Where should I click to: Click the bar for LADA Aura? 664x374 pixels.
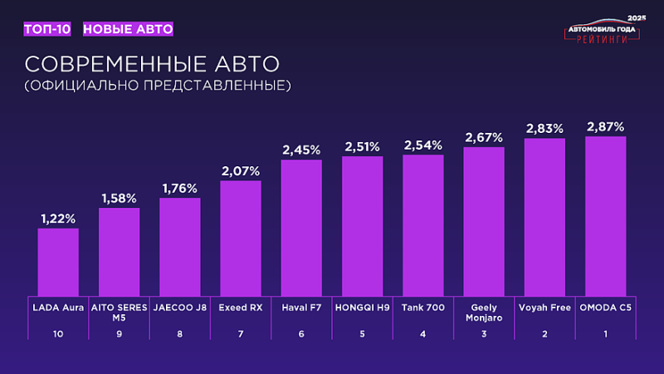click(58, 262)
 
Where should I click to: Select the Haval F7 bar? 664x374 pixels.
click(301, 227)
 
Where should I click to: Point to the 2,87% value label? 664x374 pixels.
click(605, 127)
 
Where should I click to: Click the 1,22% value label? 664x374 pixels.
click(58, 219)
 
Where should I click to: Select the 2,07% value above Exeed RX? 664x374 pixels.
click(241, 171)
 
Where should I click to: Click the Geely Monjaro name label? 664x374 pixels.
click(484, 312)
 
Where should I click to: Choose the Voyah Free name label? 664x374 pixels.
click(544, 308)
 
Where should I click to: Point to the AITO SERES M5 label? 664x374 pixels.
click(119, 312)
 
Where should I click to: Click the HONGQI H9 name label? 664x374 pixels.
click(362, 308)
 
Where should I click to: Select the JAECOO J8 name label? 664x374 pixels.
click(179, 308)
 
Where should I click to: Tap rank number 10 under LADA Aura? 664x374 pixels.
click(58, 334)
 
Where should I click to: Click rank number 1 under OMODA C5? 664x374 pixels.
click(605, 334)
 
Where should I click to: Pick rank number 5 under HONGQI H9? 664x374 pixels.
click(362, 334)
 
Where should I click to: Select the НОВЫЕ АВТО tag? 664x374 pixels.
click(128, 29)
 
